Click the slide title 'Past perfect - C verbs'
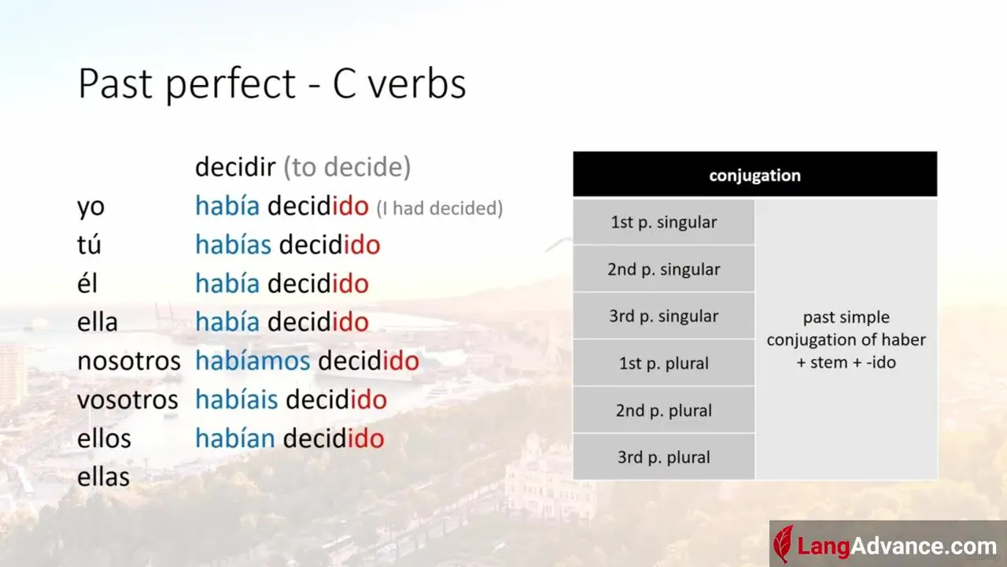[x=272, y=83]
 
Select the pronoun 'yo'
[x=90, y=207]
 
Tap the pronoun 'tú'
[x=89, y=244]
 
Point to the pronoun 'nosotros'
[x=128, y=361]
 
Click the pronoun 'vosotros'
[x=127, y=399]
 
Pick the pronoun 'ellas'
[x=103, y=476]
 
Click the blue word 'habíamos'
[x=253, y=361]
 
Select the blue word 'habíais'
[x=237, y=399]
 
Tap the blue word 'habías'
[x=234, y=244]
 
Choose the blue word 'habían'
[x=235, y=438]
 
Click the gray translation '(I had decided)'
[x=439, y=209]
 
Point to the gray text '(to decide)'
[x=347, y=167]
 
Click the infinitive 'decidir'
[x=235, y=166]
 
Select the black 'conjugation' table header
[x=754, y=174]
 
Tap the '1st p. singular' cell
[x=663, y=222]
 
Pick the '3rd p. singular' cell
[x=663, y=316]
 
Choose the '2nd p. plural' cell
[x=663, y=410]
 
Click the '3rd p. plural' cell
[x=663, y=457]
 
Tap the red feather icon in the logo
[x=783, y=544]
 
